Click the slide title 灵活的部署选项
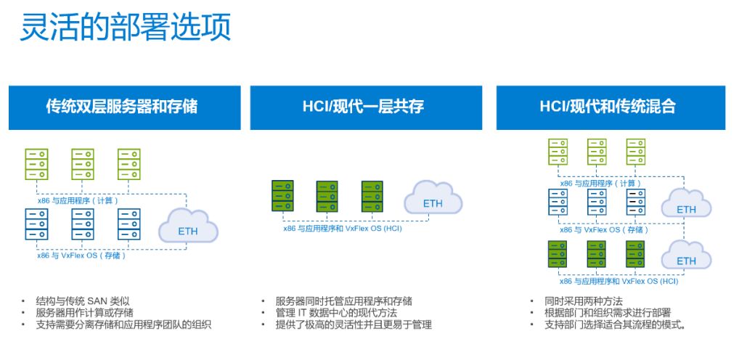click(125, 26)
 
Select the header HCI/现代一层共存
click(366, 107)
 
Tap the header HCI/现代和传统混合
click(611, 107)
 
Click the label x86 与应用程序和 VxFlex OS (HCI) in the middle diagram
click(343, 229)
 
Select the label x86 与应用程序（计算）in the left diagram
click(78, 200)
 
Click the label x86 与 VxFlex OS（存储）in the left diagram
click(81, 255)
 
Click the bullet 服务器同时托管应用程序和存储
click(344, 301)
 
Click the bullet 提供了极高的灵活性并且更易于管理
click(354, 324)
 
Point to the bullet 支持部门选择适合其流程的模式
click(615, 324)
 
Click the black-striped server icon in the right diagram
click(636, 202)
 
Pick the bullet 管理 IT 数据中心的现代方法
click(336, 313)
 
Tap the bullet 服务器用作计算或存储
click(85, 313)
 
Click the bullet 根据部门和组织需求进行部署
click(607, 313)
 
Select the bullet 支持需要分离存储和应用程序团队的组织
click(123, 324)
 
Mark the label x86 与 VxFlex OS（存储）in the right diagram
click(604, 229)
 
